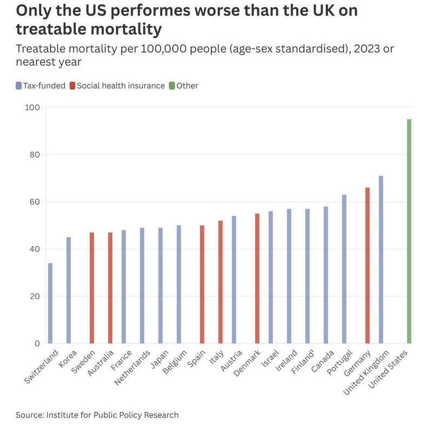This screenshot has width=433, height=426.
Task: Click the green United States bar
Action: tap(409, 231)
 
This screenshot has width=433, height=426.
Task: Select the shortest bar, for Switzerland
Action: tap(50, 303)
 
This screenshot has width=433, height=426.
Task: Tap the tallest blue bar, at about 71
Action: tap(381, 259)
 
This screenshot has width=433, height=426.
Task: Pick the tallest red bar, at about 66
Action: tap(367, 265)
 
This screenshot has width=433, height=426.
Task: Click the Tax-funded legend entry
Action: tap(41, 85)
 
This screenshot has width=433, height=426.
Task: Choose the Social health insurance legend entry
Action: tap(117, 85)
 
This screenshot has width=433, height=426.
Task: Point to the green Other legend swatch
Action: tap(172, 85)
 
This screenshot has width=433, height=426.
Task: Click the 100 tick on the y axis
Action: tap(32, 108)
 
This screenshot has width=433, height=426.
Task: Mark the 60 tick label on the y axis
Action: tap(35, 202)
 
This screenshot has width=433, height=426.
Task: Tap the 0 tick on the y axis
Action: tap(37, 343)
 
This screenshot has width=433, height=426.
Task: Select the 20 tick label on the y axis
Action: tap(35, 296)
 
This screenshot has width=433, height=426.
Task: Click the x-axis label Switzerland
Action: tap(41, 367)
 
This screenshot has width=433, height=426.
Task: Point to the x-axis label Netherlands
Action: tap(132, 368)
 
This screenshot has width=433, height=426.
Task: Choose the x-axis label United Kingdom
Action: tap(366, 372)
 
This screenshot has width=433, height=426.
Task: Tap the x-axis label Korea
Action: tap(68, 358)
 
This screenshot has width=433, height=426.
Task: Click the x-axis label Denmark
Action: tap(247, 363)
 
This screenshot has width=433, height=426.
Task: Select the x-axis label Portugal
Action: tap(339, 362)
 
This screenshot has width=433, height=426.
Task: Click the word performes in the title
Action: tap(151, 10)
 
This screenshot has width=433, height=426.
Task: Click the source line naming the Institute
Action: tap(97, 415)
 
